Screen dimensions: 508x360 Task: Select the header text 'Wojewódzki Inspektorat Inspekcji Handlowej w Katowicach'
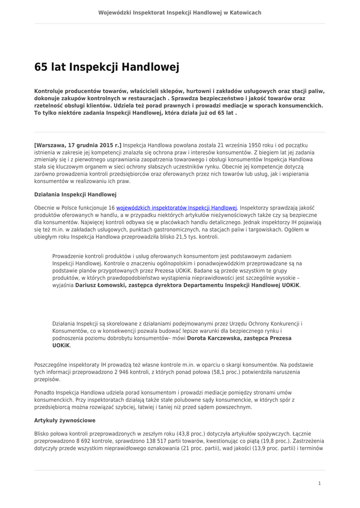(x=180, y=12)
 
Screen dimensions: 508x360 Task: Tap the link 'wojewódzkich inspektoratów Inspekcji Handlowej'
(x=177, y=208)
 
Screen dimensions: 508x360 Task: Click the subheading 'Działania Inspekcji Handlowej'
(x=75, y=194)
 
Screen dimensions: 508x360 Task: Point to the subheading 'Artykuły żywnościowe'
(x=65, y=420)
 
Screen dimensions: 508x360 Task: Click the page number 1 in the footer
(x=319, y=483)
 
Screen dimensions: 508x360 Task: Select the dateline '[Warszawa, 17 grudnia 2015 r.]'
(x=78, y=145)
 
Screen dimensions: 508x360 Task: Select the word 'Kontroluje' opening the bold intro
(x=51, y=91)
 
